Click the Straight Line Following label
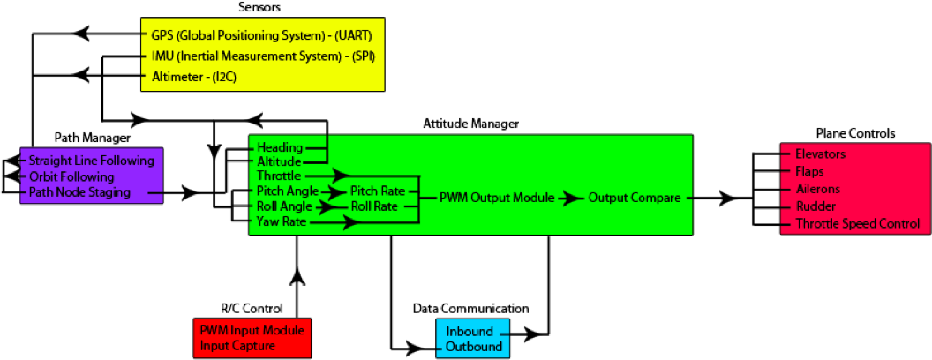(x=91, y=161)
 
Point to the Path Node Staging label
(x=79, y=191)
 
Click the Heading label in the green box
(x=280, y=147)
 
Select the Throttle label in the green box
(x=279, y=176)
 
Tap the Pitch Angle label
(x=287, y=191)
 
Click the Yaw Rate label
(x=282, y=222)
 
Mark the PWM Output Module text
(x=497, y=198)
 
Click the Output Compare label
(x=635, y=198)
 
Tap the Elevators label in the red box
(x=820, y=154)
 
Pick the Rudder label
(x=815, y=206)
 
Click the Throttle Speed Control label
(x=857, y=223)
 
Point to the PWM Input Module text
(x=252, y=330)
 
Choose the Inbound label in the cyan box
(x=470, y=332)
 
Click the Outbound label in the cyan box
(x=474, y=347)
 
